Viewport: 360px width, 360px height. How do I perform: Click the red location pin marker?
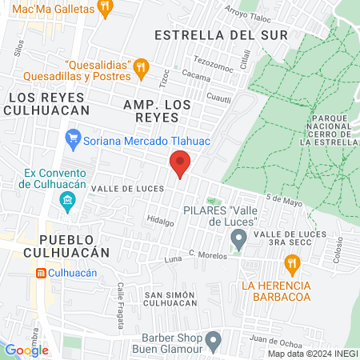coord(181,164)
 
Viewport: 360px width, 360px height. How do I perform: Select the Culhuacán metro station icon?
coord(41,273)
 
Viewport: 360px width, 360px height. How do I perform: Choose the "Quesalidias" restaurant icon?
coord(141,66)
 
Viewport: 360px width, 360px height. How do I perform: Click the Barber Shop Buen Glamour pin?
coord(213,341)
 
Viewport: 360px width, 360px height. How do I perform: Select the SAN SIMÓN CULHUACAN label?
coord(170,300)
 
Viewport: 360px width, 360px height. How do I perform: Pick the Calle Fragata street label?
coord(121,298)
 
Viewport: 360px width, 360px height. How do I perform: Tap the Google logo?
coord(27,350)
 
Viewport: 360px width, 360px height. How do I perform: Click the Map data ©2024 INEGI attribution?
coord(312,354)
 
